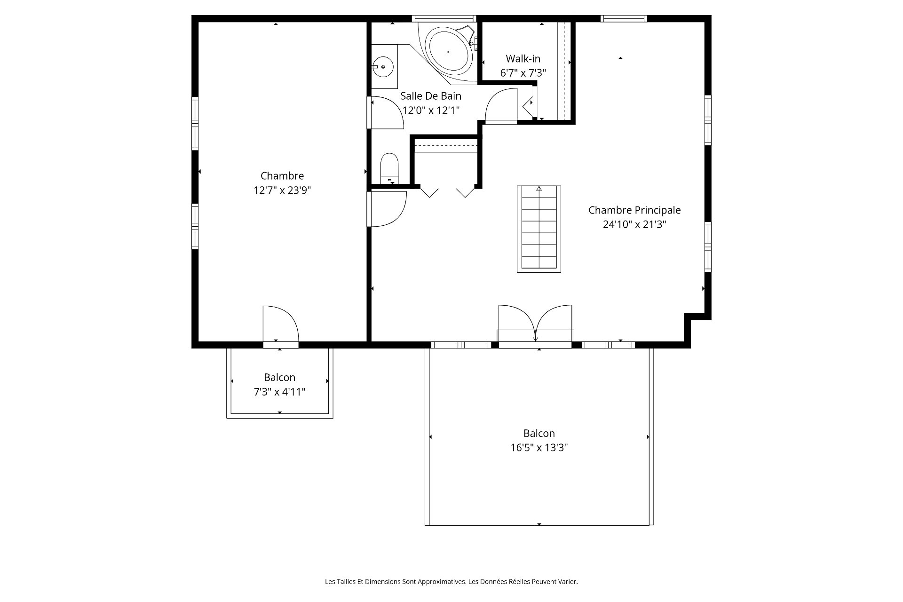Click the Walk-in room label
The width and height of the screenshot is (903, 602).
tap(523, 59)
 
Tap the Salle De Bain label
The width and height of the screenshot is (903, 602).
tap(431, 96)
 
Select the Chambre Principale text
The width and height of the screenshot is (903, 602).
tap(634, 210)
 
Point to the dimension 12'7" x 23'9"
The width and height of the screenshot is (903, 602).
tap(282, 190)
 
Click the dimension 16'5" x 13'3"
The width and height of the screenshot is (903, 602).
tap(539, 448)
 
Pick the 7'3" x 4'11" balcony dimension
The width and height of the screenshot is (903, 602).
tap(280, 392)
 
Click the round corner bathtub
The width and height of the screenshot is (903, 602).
tap(448, 52)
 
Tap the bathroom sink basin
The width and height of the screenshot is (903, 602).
tap(383, 67)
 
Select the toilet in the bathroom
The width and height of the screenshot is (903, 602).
tap(389, 168)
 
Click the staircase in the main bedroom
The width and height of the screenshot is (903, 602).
tap(539, 229)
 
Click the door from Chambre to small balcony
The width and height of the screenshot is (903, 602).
tap(281, 325)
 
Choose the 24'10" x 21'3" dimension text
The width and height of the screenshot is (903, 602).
tap(634, 225)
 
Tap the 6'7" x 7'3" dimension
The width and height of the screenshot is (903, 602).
tap(523, 73)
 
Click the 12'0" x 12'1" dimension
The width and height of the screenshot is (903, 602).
tap(431, 111)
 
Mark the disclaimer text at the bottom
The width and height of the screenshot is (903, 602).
tap(451, 582)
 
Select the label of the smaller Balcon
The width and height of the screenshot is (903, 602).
tap(280, 377)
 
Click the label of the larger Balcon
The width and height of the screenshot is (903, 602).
tap(539, 433)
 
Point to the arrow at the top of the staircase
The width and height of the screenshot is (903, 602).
tap(539, 189)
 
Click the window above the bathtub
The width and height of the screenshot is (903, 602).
tap(444, 18)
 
